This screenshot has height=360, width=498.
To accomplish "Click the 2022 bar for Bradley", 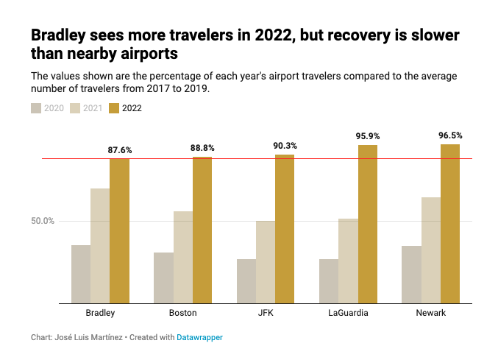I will (x=119, y=230).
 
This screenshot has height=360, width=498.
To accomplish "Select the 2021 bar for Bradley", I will (x=100, y=246).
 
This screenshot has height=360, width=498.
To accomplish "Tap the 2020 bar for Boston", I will (x=163, y=278).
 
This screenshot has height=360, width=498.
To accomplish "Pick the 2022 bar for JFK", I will (x=285, y=228).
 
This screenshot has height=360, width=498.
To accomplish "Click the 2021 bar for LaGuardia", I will (x=349, y=261).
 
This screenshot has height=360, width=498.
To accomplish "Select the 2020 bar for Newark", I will (x=412, y=275).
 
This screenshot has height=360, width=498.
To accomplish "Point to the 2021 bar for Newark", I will (x=431, y=250).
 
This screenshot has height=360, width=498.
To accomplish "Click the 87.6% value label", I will (x=119, y=150).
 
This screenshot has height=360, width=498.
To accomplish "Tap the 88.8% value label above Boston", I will (x=202, y=148).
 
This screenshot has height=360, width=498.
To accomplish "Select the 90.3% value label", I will (x=285, y=146).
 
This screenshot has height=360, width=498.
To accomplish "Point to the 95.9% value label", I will (x=368, y=136).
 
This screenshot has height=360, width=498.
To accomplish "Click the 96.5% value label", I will (x=450, y=135).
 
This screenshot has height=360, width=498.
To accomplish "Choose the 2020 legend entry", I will (x=47, y=108).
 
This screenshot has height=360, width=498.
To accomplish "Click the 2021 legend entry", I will (x=87, y=108).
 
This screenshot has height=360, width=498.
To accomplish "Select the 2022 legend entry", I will (x=126, y=108).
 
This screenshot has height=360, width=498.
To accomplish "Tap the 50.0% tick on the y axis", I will (x=43, y=221).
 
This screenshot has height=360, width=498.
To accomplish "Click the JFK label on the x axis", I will (x=266, y=313).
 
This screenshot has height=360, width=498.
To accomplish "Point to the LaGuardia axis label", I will (x=348, y=313).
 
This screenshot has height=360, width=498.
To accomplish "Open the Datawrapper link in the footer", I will (x=199, y=337).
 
